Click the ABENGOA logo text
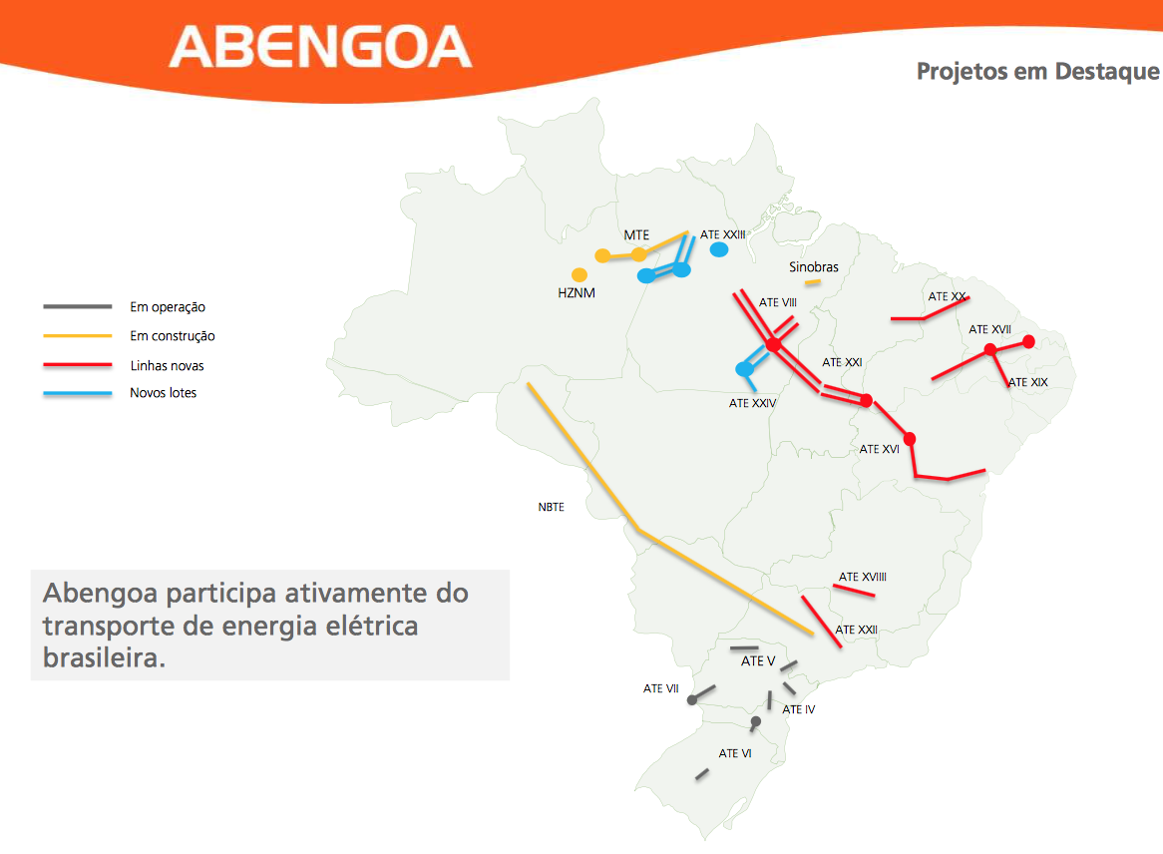click(320, 47)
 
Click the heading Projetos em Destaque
click(1037, 71)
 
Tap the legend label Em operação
click(168, 307)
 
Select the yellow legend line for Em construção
click(78, 336)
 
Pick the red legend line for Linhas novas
click(78, 365)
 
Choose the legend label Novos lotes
click(164, 392)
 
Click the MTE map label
click(636, 235)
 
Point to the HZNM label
click(577, 293)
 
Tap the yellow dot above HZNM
click(580, 275)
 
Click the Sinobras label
click(814, 267)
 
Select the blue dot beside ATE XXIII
click(719, 250)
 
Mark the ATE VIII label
click(777, 302)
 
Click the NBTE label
click(552, 508)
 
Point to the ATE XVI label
click(880, 449)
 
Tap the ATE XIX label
click(1028, 382)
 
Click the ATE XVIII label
click(863, 577)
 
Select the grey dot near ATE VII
click(692, 700)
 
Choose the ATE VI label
click(735, 754)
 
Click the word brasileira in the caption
click(105, 658)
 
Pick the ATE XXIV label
click(753, 403)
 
